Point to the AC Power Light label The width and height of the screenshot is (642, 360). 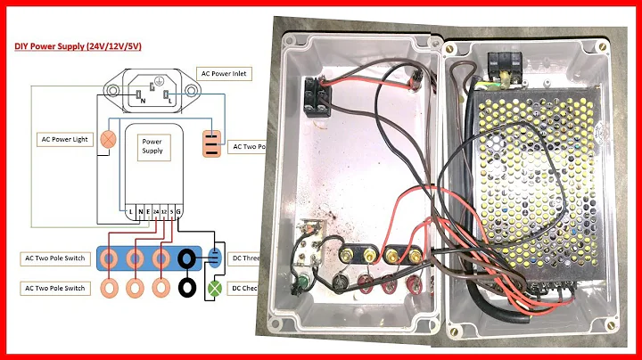(65, 139)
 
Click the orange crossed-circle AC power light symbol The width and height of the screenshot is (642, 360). (108, 139)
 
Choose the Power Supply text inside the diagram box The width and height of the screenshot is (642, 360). (152, 147)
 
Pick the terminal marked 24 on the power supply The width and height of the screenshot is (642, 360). (157, 211)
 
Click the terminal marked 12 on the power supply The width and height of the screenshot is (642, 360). (165, 211)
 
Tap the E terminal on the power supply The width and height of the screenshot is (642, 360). (148, 211)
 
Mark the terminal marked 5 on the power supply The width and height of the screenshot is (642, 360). (173, 211)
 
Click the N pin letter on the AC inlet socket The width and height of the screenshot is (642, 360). (142, 101)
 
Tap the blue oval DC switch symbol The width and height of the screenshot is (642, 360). (213, 259)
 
